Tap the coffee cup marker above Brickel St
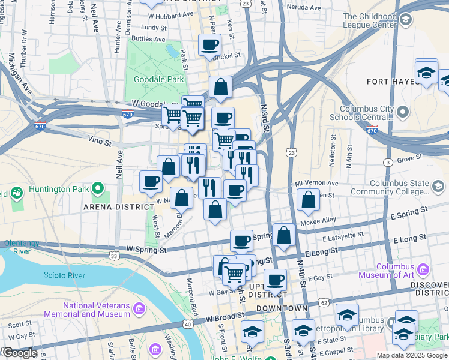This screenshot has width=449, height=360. [209, 44]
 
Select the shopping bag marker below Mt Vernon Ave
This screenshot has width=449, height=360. [308, 200]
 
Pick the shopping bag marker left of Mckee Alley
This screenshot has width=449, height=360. [284, 235]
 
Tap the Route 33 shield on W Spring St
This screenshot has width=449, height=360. [113, 256]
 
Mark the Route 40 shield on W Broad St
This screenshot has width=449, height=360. [187, 325]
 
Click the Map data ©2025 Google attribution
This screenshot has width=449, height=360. [411, 355]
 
